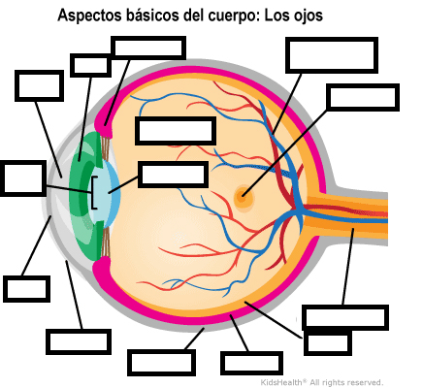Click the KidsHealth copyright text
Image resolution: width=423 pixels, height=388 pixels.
322,383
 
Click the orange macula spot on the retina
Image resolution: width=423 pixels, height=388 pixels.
243,195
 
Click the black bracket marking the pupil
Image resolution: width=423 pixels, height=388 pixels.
94,192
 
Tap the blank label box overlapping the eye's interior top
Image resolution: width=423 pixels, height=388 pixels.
176,131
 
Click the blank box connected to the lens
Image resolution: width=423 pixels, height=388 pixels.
173,175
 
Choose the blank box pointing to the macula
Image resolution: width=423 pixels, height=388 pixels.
363,97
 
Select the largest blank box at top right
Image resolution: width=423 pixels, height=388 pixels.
332,55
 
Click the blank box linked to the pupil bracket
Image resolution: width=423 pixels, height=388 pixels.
23,178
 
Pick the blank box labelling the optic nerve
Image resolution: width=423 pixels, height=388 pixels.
345,317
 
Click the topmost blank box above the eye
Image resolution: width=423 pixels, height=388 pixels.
148,48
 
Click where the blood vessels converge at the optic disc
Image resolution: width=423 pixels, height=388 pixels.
299,210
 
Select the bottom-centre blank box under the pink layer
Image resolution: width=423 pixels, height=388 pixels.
251,364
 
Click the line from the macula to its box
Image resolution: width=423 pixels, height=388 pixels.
284,153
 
